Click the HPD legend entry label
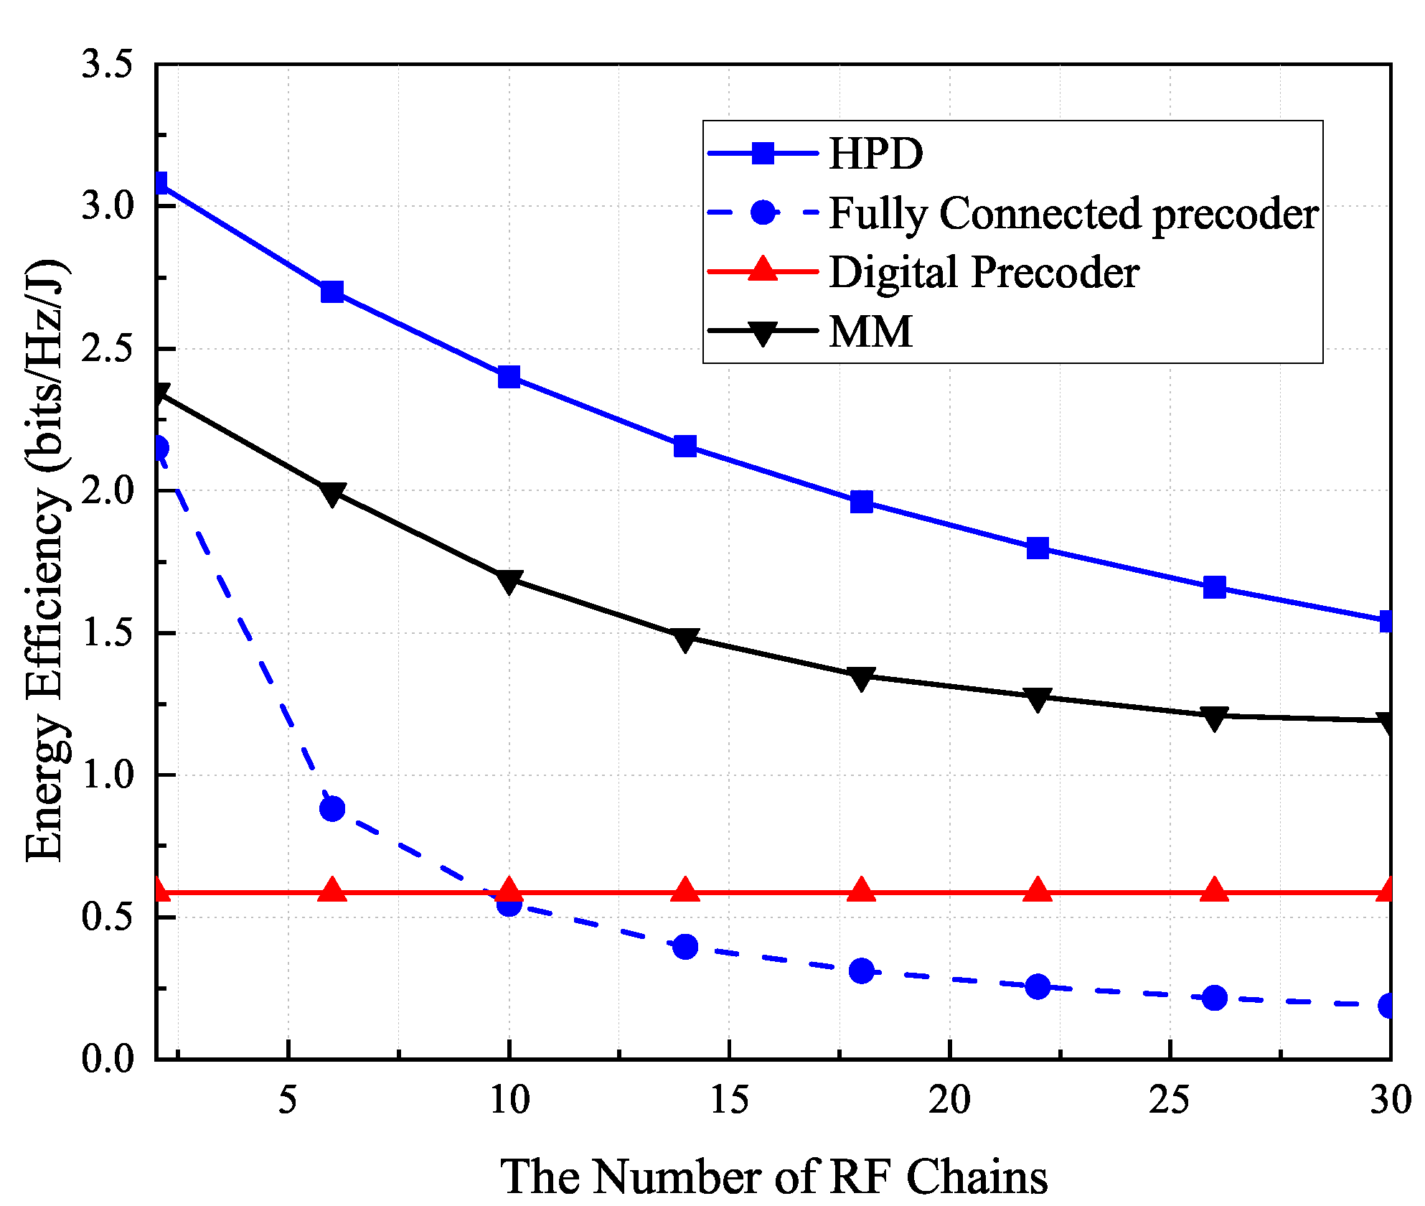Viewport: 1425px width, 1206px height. [x=875, y=154]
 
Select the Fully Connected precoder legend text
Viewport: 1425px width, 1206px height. [x=1073, y=213]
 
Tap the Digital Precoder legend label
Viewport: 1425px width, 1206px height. [x=984, y=273]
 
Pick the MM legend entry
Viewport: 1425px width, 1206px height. [x=870, y=332]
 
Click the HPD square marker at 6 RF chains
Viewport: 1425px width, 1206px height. [x=332, y=292]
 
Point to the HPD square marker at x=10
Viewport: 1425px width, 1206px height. [x=509, y=377]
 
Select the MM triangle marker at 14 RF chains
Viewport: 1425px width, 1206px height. [x=685, y=639]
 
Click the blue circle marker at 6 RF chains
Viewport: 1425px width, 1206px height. [x=332, y=809]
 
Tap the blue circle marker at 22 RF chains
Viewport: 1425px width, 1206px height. [x=1038, y=986]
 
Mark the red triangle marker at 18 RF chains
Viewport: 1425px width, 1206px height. [x=862, y=891]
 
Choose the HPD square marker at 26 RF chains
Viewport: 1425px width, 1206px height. [x=1214, y=587]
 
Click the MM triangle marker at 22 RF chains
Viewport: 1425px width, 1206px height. [x=1038, y=698]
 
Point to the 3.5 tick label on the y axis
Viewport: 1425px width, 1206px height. [x=108, y=65]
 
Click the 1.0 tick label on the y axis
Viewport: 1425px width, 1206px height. [x=108, y=775]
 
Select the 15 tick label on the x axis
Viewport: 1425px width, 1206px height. [x=729, y=1100]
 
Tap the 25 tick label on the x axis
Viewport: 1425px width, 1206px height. [x=1170, y=1100]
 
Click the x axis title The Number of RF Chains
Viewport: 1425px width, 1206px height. [x=773, y=1177]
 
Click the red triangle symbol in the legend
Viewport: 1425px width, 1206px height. [x=763, y=271]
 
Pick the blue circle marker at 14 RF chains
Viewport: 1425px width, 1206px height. [x=685, y=947]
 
